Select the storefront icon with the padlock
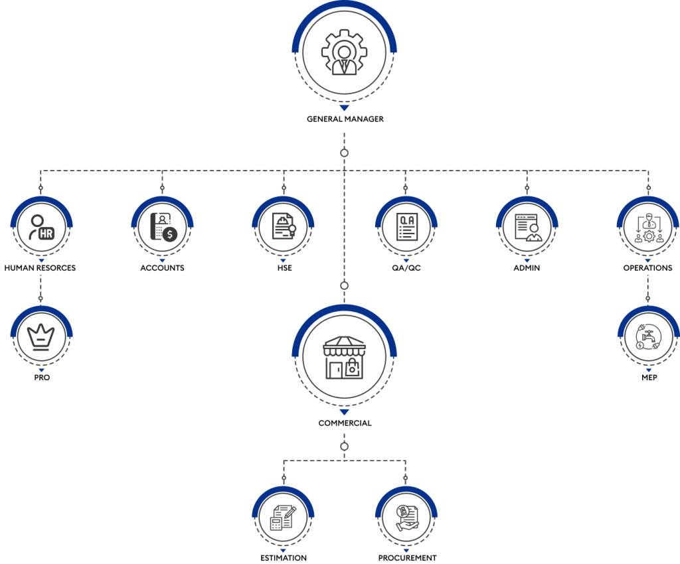click(344, 358)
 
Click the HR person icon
click(41, 227)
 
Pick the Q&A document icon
click(406, 227)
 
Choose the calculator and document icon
click(283, 517)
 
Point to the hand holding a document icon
click(406, 517)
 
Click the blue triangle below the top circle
click(344, 107)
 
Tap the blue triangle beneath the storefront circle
click(344, 412)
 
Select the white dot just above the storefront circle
click(344, 285)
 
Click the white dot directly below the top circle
click(344, 153)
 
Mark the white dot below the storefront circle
click(344, 447)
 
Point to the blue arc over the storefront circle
click(344, 309)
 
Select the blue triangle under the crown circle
click(41, 370)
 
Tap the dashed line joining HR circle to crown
click(41, 282)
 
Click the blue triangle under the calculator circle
click(283, 551)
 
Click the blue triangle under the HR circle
click(41, 261)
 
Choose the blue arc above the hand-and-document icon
click(406, 490)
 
